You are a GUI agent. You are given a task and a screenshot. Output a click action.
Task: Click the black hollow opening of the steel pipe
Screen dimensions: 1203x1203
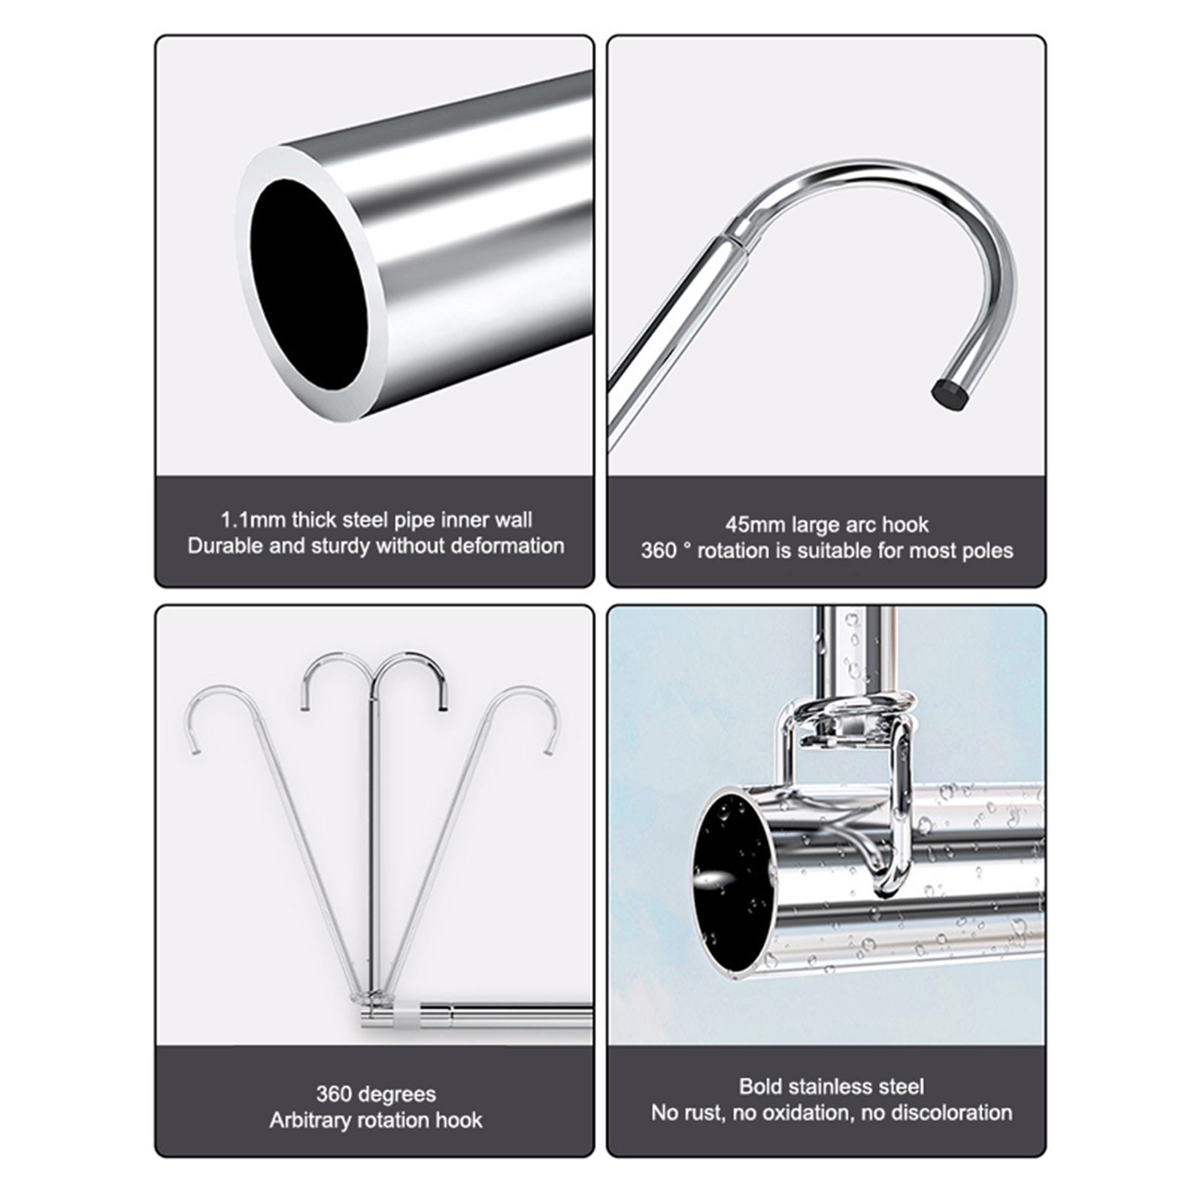[x=308, y=284]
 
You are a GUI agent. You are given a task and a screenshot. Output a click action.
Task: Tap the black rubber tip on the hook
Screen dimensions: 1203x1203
[x=949, y=392]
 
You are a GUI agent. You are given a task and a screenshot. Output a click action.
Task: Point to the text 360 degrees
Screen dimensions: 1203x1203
[x=376, y=1094]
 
